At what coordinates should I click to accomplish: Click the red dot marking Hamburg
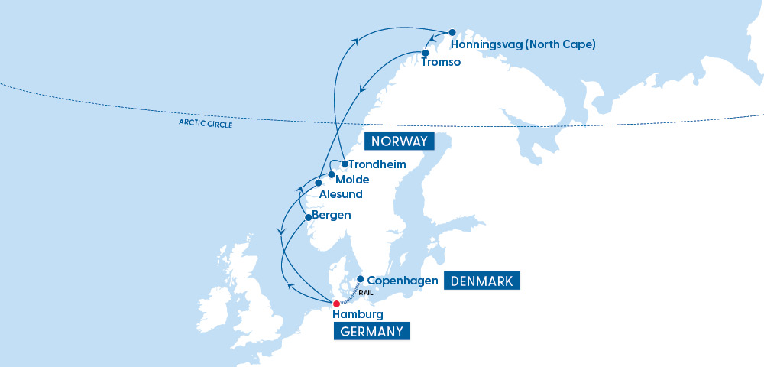click(x=336, y=304)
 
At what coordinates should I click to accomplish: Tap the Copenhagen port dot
click(x=361, y=280)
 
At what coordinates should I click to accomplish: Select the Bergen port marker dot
click(x=309, y=217)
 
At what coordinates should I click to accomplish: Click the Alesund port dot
click(x=319, y=183)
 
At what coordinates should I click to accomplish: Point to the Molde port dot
click(x=331, y=175)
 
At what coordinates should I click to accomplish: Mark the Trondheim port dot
click(x=345, y=164)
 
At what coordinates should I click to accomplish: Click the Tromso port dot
click(x=426, y=53)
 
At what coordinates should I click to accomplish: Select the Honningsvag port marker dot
click(x=452, y=33)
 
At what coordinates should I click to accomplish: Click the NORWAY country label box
click(x=398, y=141)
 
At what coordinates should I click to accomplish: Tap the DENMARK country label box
click(x=482, y=281)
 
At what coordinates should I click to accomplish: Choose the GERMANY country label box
click(x=371, y=331)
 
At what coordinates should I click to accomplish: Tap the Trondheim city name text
click(x=377, y=164)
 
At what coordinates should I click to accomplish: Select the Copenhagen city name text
click(x=403, y=281)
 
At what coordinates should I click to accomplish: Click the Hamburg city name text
click(x=358, y=314)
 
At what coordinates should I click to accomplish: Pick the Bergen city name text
click(x=332, y=216)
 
